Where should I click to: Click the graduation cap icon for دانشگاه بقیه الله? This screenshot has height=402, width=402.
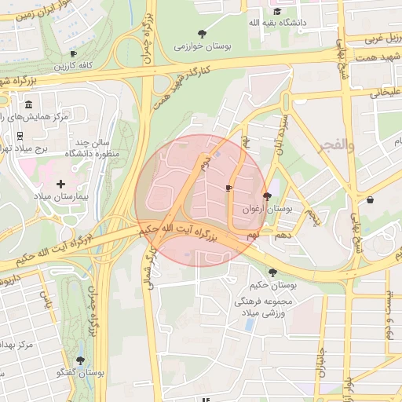pyautogui.click(x=276, y=11)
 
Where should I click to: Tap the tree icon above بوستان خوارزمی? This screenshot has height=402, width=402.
pyautogui.click(x=203, y=34)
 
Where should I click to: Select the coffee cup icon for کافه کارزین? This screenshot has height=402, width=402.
pyautogui.click(x=73, y=53)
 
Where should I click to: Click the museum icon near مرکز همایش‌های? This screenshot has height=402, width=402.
pyautogui.click(x=28, y=105)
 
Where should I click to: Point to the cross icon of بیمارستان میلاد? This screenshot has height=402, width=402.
pyautogui.click(x=60, y=183)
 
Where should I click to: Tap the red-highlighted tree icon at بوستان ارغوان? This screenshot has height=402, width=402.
pyautogui.click(x=267, y=196)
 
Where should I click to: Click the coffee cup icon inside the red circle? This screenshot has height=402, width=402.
pyautogui.click(x=228, y=188)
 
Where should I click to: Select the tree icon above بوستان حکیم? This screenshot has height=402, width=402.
pyautogui.click(x=272, y=272)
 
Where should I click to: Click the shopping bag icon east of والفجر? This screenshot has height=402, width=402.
pyautogui.click(x=370, y=200)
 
